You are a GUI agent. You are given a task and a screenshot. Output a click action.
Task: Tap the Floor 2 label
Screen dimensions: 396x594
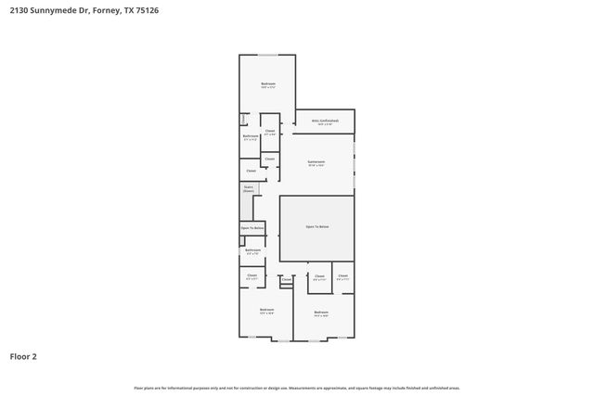point(24,355)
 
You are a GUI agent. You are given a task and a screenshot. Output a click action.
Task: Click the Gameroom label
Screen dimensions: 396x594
point(316,162)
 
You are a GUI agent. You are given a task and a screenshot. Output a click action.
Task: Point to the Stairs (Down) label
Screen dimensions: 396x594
point(249,189)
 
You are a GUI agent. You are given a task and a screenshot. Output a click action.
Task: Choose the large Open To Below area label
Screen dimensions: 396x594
point(316,227)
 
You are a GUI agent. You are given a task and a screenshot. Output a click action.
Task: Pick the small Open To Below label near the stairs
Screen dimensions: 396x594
point(252,228)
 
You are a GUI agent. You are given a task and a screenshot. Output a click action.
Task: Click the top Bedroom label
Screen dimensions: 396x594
point(267,85)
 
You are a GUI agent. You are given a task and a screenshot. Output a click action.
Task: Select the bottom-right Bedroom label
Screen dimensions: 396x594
point(321,313)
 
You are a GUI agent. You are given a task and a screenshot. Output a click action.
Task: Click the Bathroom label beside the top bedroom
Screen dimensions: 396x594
point(251,137)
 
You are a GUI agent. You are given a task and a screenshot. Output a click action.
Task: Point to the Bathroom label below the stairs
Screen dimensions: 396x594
point(252,250)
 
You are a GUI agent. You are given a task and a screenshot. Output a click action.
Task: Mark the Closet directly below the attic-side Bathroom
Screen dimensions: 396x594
point(251,171)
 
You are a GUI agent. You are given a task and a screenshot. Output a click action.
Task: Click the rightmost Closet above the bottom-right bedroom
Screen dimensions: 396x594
point(342,276)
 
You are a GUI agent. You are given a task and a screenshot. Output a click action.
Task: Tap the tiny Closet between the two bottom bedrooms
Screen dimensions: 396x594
point(286,279)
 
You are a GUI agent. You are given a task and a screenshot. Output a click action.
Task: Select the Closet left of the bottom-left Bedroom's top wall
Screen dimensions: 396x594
point(252,276)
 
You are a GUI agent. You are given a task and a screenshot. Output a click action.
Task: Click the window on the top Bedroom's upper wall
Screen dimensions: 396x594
point(267,55)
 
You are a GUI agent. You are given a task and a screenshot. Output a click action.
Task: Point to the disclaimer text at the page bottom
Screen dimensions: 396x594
point(297,388)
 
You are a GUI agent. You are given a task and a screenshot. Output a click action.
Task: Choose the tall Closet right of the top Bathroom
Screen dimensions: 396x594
point(270,132)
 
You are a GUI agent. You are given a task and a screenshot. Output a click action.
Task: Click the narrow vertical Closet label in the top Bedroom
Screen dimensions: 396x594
point(243,119)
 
